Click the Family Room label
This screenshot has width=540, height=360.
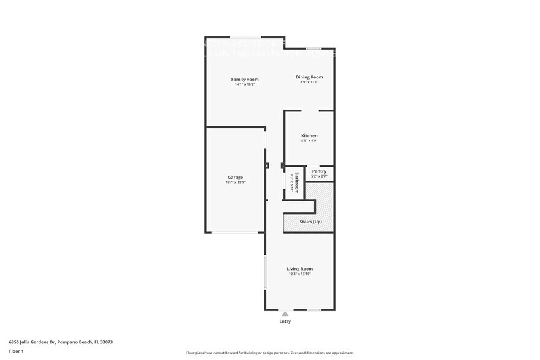tap(244, 80)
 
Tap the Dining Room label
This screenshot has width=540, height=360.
tap(309, 77)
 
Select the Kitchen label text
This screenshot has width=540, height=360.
tap(309, 135)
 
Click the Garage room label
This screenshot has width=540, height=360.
tap(235, 177)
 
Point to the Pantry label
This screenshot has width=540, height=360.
tap(319, 171)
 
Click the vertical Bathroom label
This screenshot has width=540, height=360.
tap(296, 183)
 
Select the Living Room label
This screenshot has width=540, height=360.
tap(300, 269)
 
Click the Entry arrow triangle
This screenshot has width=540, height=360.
tap(285, 314)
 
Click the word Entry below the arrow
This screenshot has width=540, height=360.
tap(285, 321)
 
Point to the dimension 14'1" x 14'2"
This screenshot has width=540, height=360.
tap(244, 84)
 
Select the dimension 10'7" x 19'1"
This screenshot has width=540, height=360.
tap(235, 182)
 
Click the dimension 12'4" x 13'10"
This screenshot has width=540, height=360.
tap(300, 274)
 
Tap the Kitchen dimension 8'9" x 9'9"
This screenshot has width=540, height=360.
tap(309, 141)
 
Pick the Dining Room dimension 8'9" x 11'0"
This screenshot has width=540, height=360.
tap(309, 82)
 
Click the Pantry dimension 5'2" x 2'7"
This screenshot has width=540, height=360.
tap(319, 176)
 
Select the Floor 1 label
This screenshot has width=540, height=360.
tap(16, 351)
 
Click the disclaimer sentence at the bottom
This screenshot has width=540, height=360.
tap(269, 353)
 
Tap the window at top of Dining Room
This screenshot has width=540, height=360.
tap(313, 48)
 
